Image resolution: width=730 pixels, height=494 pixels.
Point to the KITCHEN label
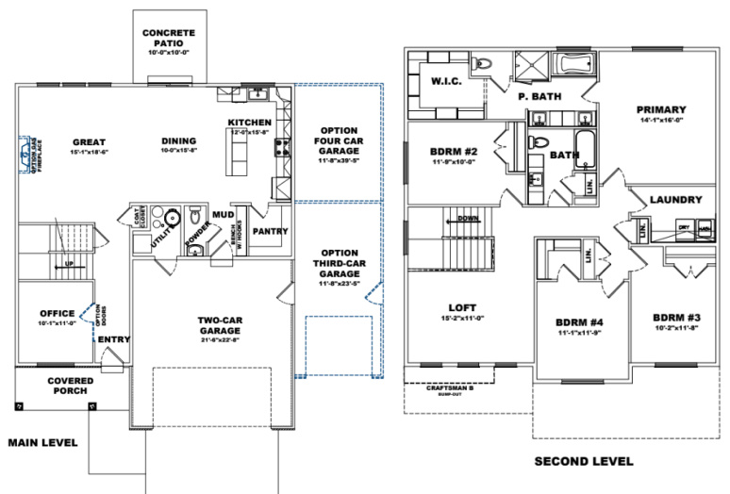(250, 123)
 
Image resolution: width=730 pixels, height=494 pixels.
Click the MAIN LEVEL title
(42, 442)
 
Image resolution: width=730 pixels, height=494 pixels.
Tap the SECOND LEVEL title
(584, 461)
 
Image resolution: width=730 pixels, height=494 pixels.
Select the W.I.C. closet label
(444, 81)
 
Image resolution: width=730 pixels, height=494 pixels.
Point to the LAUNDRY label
(675, 200)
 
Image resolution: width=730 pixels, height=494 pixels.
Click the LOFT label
(462, 308)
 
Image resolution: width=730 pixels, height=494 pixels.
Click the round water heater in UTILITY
(173, 220)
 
